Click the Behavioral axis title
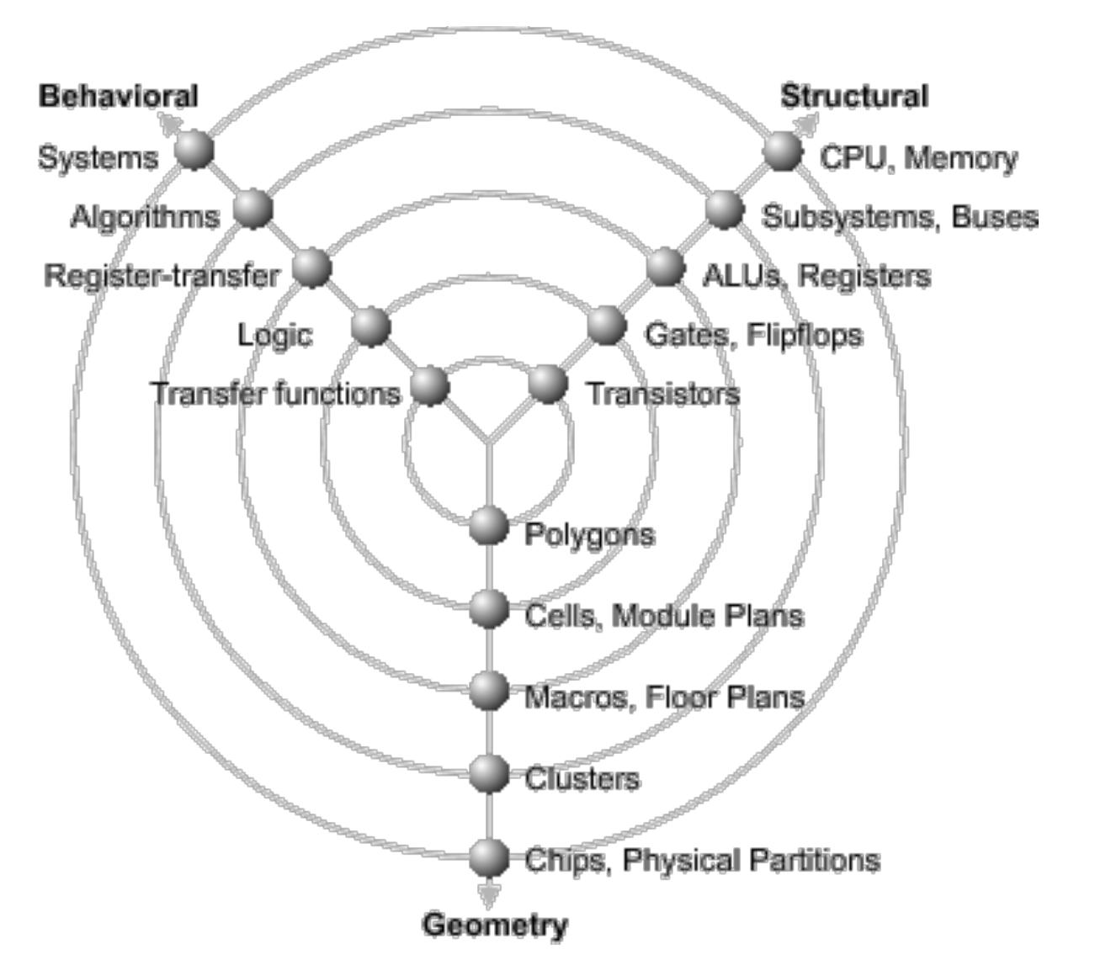pyautogui.click(x=119, y=96)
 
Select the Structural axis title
pyautogui.click(x=854, y=96)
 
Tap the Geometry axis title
pyautogui.click(x=495, y=925)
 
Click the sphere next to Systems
pyautogui.click(x=194, y=151)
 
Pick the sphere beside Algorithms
pyautogui.click(x=252, y=208)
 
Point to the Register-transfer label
pyautogui.click(x=161, y=275)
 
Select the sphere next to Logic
pyautogui.click(x=370, y=326)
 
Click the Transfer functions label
pyautogui.click(x=276, y=394)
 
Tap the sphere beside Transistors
pyautogui.click(x=548, y=384)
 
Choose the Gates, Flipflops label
pyautogui.click(x=753, y=335)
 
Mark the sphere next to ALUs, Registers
pyautogui.click(x=665, y=268)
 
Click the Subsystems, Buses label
pyautogui.click(x=899, y=217)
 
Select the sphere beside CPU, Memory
pyautogui.click(x=783, y=151)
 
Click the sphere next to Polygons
pyautogui.click(x=488, y=527)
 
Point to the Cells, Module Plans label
pyautogui.click(x=663, y=616)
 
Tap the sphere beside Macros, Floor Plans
pyautogui.click(x=488, y=691)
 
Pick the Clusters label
pyautogui.click(x=582, y=778)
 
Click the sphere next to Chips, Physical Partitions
pyautogui.click(x=488, y=857)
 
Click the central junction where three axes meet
pyautogui.click(x=488, y=441)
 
